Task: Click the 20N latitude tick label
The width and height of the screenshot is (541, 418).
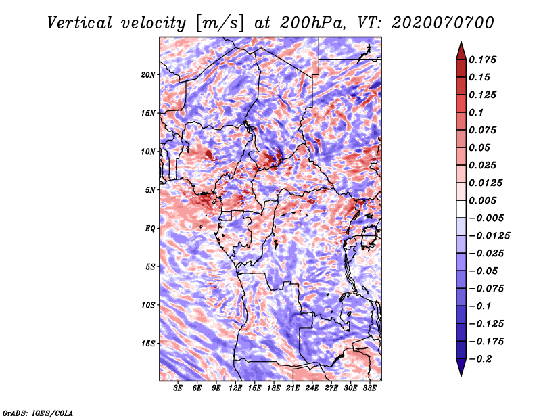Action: (148, 74)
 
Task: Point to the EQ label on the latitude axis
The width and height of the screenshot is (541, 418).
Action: (150, 229)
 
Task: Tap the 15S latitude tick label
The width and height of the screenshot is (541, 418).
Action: (148, 344)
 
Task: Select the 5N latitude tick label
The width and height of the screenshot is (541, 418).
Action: (150, 190)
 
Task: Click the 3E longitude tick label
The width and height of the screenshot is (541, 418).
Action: (179, 389)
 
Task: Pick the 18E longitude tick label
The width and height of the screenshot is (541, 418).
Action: (274, 389)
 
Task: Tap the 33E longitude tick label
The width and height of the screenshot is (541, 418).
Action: (369, 389)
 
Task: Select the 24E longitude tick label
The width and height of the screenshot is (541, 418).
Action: (312, 389)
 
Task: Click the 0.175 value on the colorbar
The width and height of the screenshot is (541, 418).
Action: (484, 60)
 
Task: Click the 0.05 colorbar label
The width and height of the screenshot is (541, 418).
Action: (480, 147)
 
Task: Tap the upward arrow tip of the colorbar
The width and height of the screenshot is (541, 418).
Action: (461, 44)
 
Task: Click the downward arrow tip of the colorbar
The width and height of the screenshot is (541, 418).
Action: (461, 373)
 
